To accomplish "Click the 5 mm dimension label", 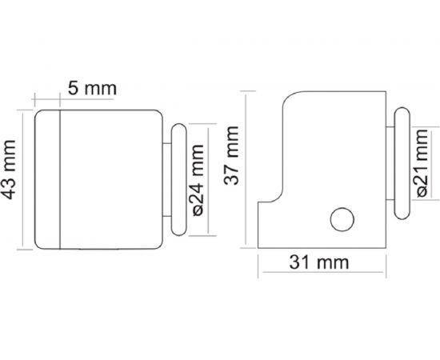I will tap(90, 89).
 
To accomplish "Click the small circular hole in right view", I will tap(342, 218).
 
